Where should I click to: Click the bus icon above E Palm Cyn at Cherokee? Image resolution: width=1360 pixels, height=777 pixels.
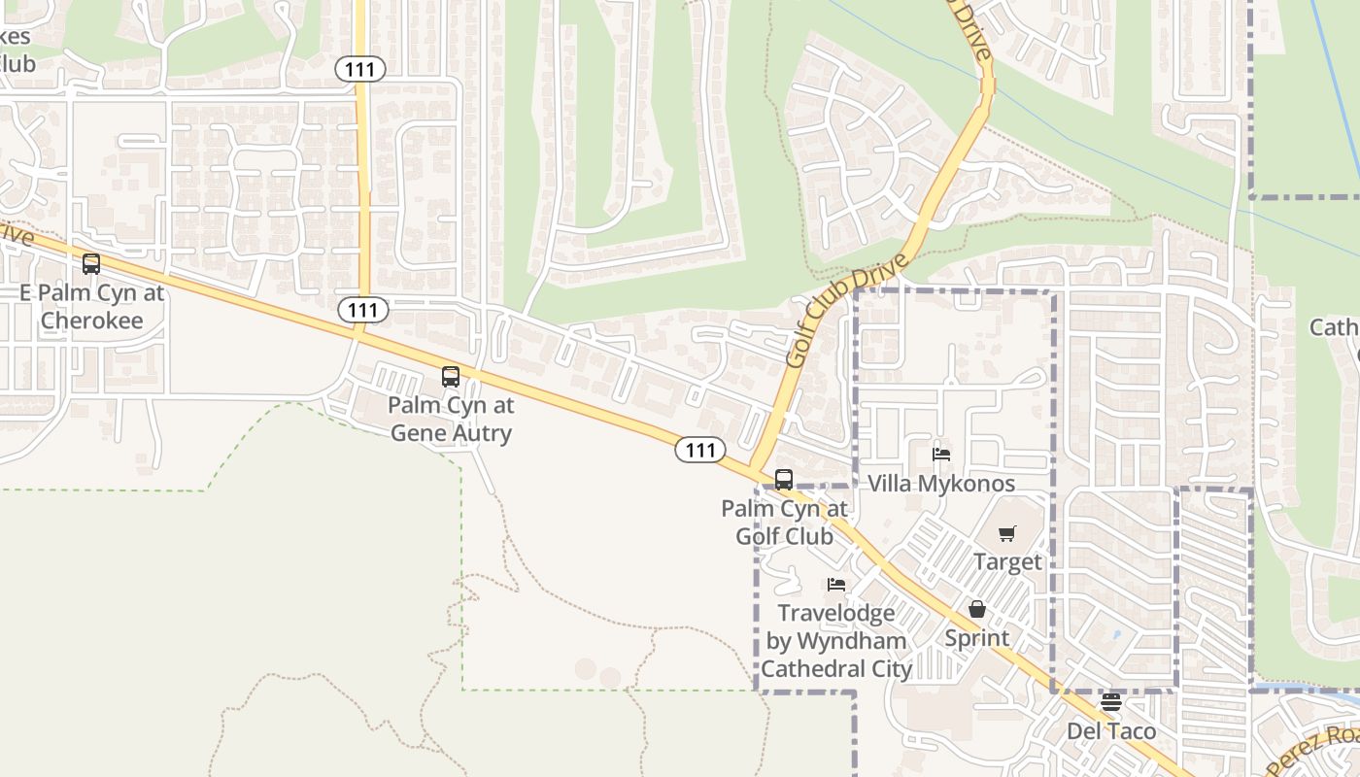(91, 263)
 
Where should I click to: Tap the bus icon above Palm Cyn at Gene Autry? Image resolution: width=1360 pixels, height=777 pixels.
(451, 376)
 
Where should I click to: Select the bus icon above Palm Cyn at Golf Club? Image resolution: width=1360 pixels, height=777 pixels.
(784, 479)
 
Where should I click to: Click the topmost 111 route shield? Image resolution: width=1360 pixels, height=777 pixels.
(361, 69)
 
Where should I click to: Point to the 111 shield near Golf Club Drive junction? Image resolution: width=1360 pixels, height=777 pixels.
(700, 450)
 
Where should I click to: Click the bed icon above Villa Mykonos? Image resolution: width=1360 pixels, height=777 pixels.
(940, 454)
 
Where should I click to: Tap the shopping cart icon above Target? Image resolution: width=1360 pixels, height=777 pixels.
(1007, 533)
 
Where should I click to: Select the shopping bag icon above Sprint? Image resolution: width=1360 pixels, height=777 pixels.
(977, 609)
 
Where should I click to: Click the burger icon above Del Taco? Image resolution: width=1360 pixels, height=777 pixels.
(1111, 701)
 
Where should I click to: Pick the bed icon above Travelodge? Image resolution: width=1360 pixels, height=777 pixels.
(835, 584)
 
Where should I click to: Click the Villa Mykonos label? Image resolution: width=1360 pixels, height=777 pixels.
(940, 484)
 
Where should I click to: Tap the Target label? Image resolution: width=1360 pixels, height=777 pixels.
(1007, 561)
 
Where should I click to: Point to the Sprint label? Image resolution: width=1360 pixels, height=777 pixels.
(977, 638)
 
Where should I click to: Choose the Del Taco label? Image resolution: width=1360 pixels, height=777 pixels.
(1111, 730)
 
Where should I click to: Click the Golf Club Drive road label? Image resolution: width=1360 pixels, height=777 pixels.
(847, 310)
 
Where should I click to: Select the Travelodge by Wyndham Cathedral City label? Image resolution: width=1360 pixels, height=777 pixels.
(835, 641)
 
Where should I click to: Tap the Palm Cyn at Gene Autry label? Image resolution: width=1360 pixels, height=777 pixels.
(451, 419)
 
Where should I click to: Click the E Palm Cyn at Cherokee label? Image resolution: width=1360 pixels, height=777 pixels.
(92, 306)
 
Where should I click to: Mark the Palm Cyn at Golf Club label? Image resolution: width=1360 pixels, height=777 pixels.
(784, 522)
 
